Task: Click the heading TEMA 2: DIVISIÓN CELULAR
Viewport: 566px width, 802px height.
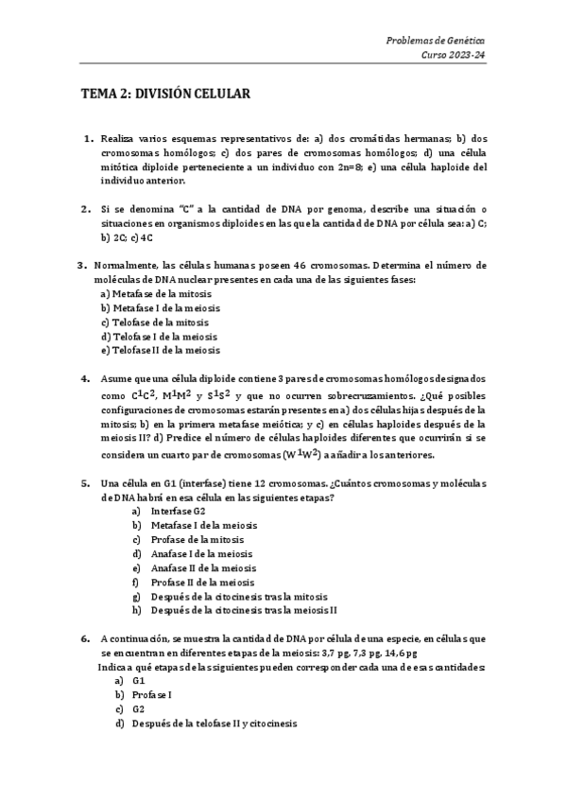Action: tap(165, 95)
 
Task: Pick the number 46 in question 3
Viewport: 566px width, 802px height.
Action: tap(305, 266)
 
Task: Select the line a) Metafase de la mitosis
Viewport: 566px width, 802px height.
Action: tap(156, 294)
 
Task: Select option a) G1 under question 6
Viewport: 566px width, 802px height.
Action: tap(132, 681)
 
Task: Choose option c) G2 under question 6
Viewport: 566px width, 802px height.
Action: tap(132, 709)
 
